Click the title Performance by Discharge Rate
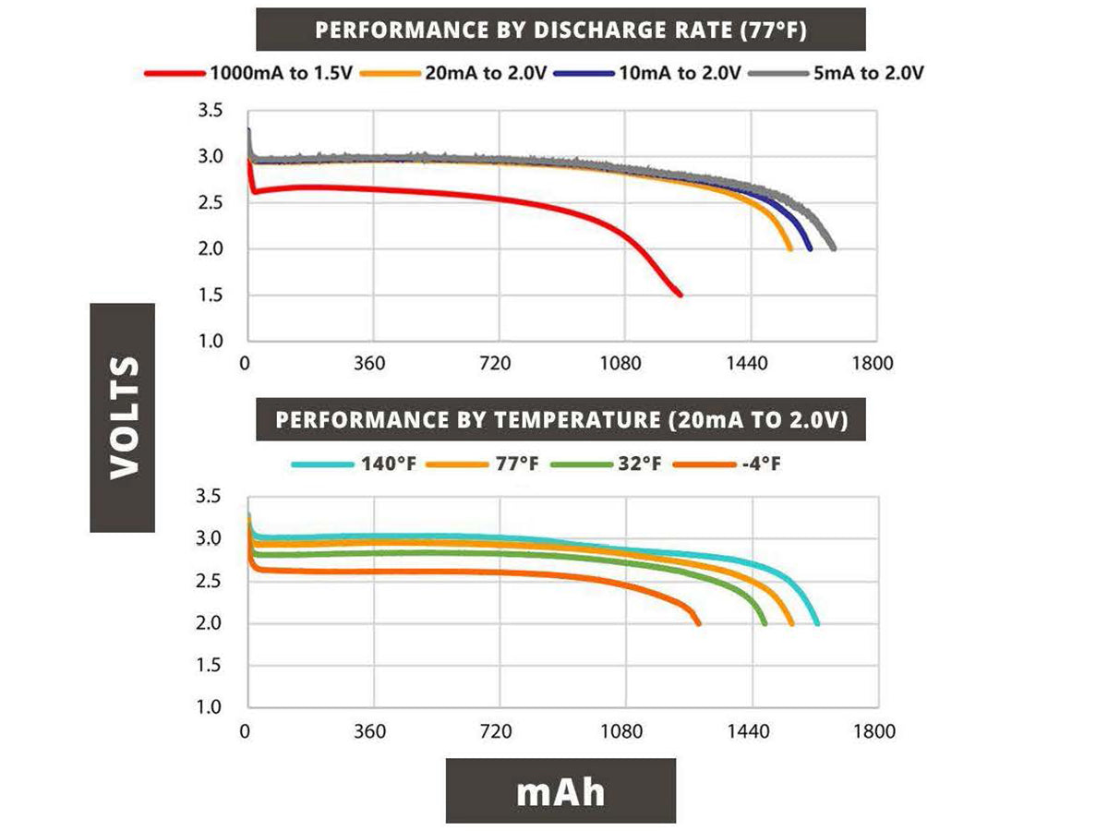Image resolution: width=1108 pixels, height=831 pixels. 560,30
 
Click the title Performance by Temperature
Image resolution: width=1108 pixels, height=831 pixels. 560,420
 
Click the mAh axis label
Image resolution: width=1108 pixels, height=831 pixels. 560,791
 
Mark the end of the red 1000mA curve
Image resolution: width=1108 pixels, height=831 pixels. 680,295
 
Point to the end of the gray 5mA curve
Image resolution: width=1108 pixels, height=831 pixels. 834,248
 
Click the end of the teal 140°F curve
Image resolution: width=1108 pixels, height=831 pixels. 817,624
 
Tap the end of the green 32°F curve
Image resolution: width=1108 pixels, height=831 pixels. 765,624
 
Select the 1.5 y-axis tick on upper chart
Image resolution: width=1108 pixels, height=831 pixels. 211,295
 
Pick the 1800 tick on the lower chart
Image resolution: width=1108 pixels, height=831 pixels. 873,732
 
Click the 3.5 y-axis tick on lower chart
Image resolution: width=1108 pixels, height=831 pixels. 211,498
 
